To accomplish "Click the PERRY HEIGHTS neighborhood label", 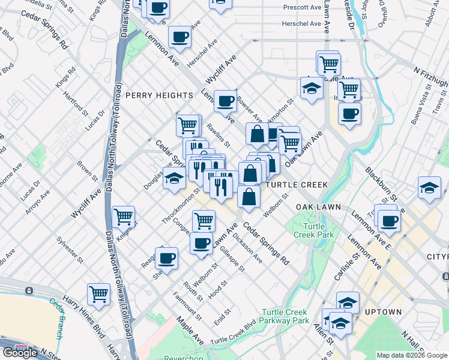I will click(159, 95).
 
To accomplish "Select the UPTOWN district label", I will click(382, 312).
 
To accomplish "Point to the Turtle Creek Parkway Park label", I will click(285, 316).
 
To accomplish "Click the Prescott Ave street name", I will click(304, 8).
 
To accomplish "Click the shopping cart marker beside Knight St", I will click(123, 216).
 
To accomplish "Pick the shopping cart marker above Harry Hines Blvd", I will click(99, 294).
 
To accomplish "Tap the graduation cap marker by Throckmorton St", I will click(174, 179).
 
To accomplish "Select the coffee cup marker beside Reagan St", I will click(166, 258).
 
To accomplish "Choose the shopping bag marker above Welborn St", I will click(249, 196).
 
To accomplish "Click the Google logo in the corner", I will click(20, 353).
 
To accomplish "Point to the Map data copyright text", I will click(412, 355).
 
